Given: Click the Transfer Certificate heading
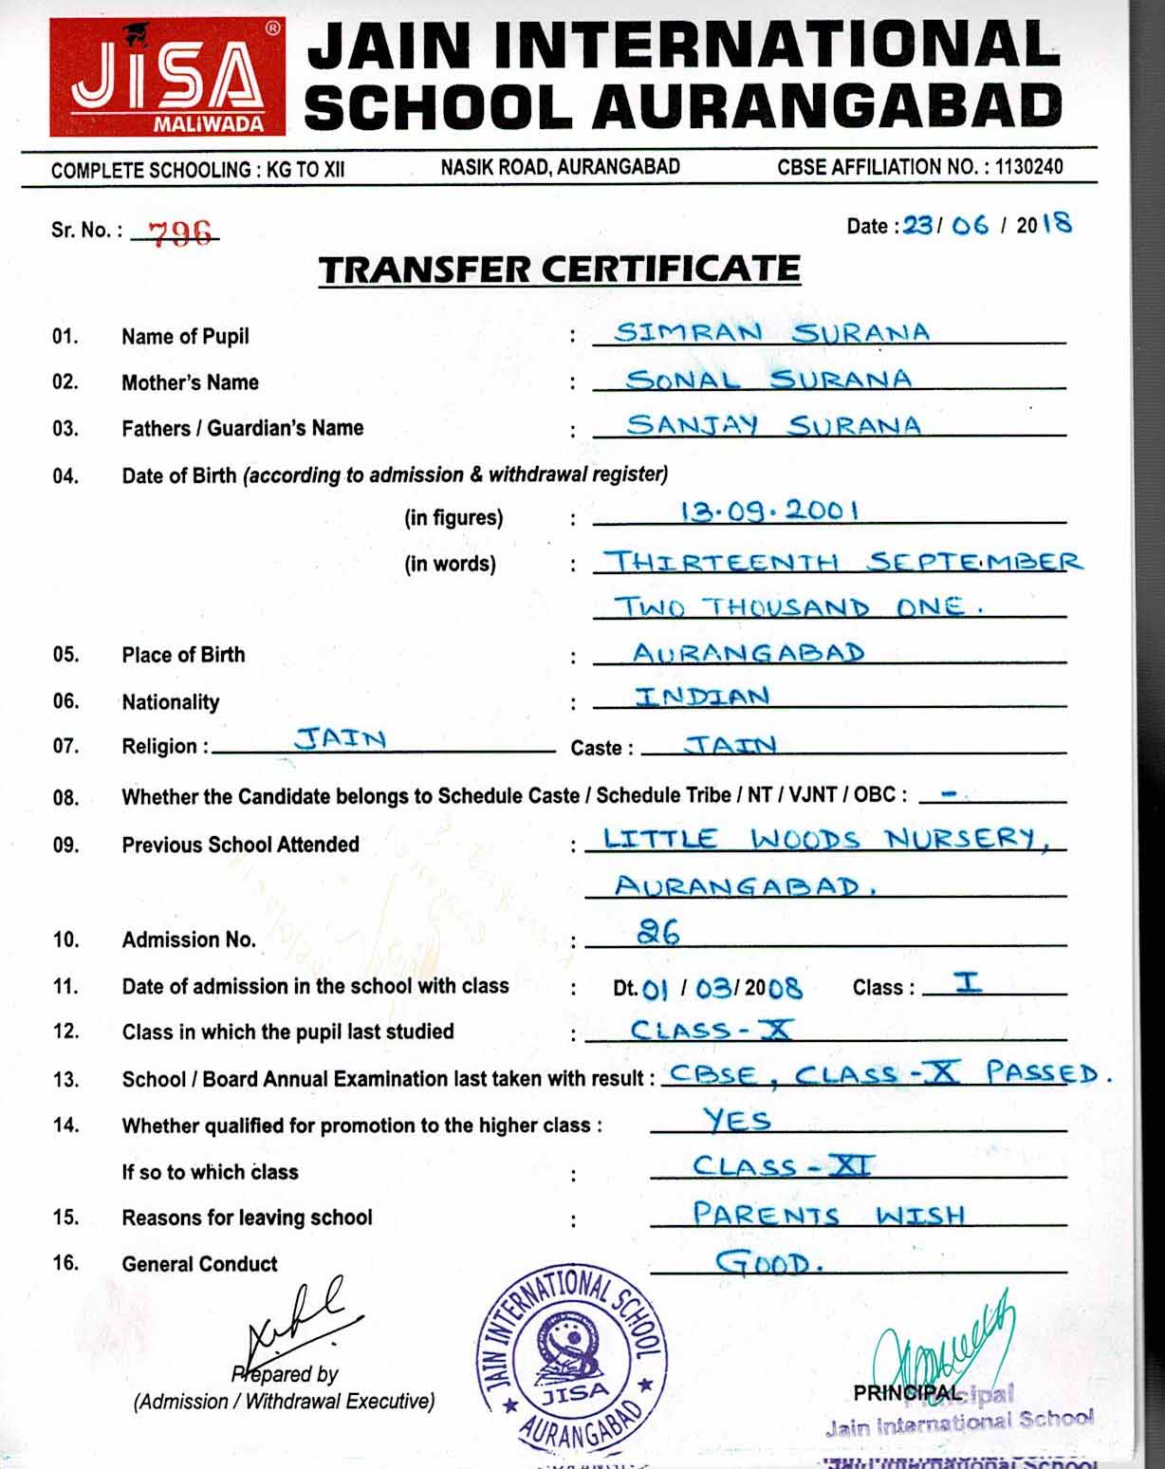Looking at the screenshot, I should [560, 270].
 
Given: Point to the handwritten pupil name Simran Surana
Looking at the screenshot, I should [771, 333].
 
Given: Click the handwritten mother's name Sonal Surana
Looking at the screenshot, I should [768, 380].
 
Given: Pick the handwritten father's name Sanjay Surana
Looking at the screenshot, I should [772, 425].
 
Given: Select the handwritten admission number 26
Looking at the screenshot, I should [658, 934].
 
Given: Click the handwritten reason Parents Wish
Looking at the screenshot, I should [827, 1215].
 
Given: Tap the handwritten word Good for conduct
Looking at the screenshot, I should [767, 1263].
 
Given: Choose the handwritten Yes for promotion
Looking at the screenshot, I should [737, 1121].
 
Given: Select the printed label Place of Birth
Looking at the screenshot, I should [183, 655].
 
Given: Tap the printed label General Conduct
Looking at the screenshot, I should [199, 1264].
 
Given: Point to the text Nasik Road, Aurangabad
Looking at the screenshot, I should [560, 168].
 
